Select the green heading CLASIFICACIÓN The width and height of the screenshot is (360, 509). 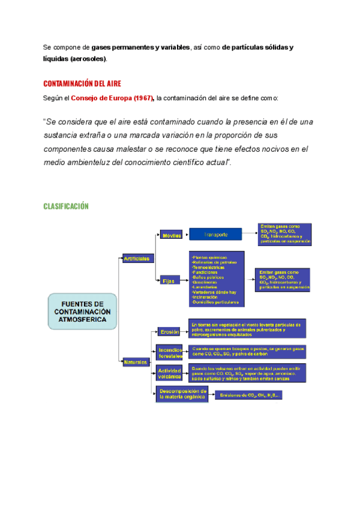tap(66, 206)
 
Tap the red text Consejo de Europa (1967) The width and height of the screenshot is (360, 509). tap(113, 98)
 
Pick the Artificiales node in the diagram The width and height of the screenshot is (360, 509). tap(138, 258)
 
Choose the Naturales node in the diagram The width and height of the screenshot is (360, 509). tap(136, 363)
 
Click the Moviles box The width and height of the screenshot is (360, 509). tap(172, 235)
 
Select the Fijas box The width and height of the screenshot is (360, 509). tap(169, 280)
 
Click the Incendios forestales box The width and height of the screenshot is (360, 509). tap(171, 352)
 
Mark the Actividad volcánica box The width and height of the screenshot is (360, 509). tap(170, 373)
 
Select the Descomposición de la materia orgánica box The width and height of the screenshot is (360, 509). tap(183, 394)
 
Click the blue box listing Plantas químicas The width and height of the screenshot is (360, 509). tap(216, 279)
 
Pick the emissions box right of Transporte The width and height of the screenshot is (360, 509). tap(285, 233)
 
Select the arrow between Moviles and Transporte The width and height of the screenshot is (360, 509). tap(185, 235)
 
